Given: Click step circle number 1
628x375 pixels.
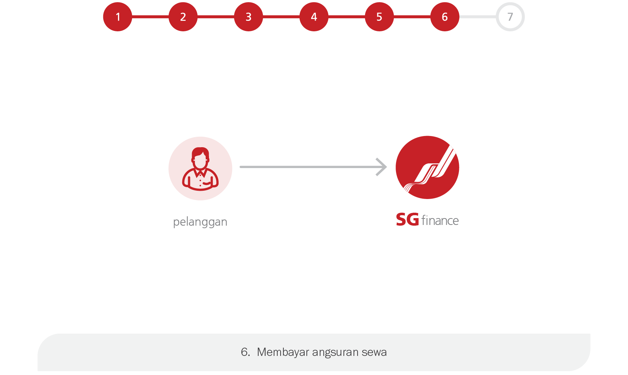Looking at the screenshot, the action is (x=118, y=17).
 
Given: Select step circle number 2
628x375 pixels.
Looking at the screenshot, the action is (x=183, y=17).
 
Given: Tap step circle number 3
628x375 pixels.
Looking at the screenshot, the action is (x=249, y=17).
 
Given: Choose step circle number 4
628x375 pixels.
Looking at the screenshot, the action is (x=314, y=17).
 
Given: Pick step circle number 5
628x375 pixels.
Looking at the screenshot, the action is (x=379, y=17).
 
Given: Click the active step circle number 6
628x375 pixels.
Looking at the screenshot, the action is (x=445, y=17).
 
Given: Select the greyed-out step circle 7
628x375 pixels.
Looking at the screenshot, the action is (x=510, y=17).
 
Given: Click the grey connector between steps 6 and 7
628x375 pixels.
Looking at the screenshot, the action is (x=478, y=17).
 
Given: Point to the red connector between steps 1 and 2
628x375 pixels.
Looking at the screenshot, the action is (x=150, y=17).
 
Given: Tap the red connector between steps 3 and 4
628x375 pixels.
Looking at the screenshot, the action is (x=281, y=17).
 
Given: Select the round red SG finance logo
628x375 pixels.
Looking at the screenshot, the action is (x=427, y=167).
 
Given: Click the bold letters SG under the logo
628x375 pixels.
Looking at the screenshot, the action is (x=408, y=220).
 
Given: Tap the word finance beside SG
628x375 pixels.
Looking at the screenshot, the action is (x=440, y=220).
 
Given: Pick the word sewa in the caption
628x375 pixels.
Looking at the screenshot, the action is (x=374, y=352).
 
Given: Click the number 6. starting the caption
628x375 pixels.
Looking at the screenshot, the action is (x=245, y=352).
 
